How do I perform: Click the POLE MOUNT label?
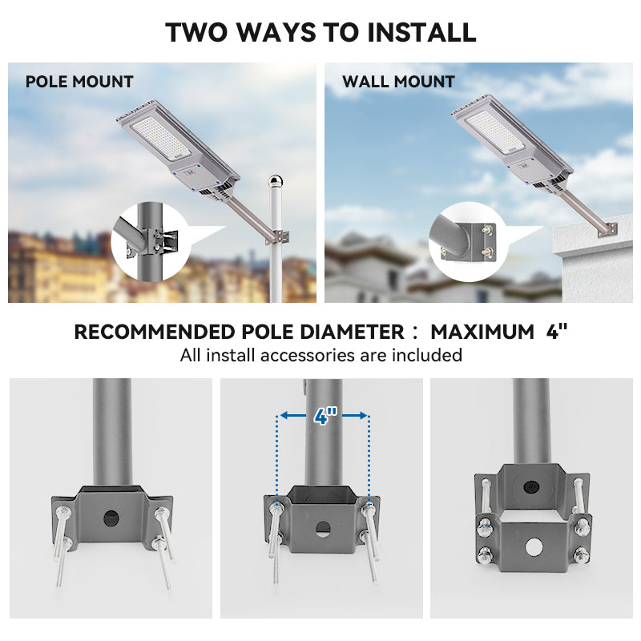click(79, 82)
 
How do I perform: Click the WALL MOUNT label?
click(398, 82)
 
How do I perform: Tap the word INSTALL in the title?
click(421, 32)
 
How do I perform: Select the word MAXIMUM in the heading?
click(482, 332)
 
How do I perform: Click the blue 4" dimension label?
click(324, 416)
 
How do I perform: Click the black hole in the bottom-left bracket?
click(111, 517)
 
